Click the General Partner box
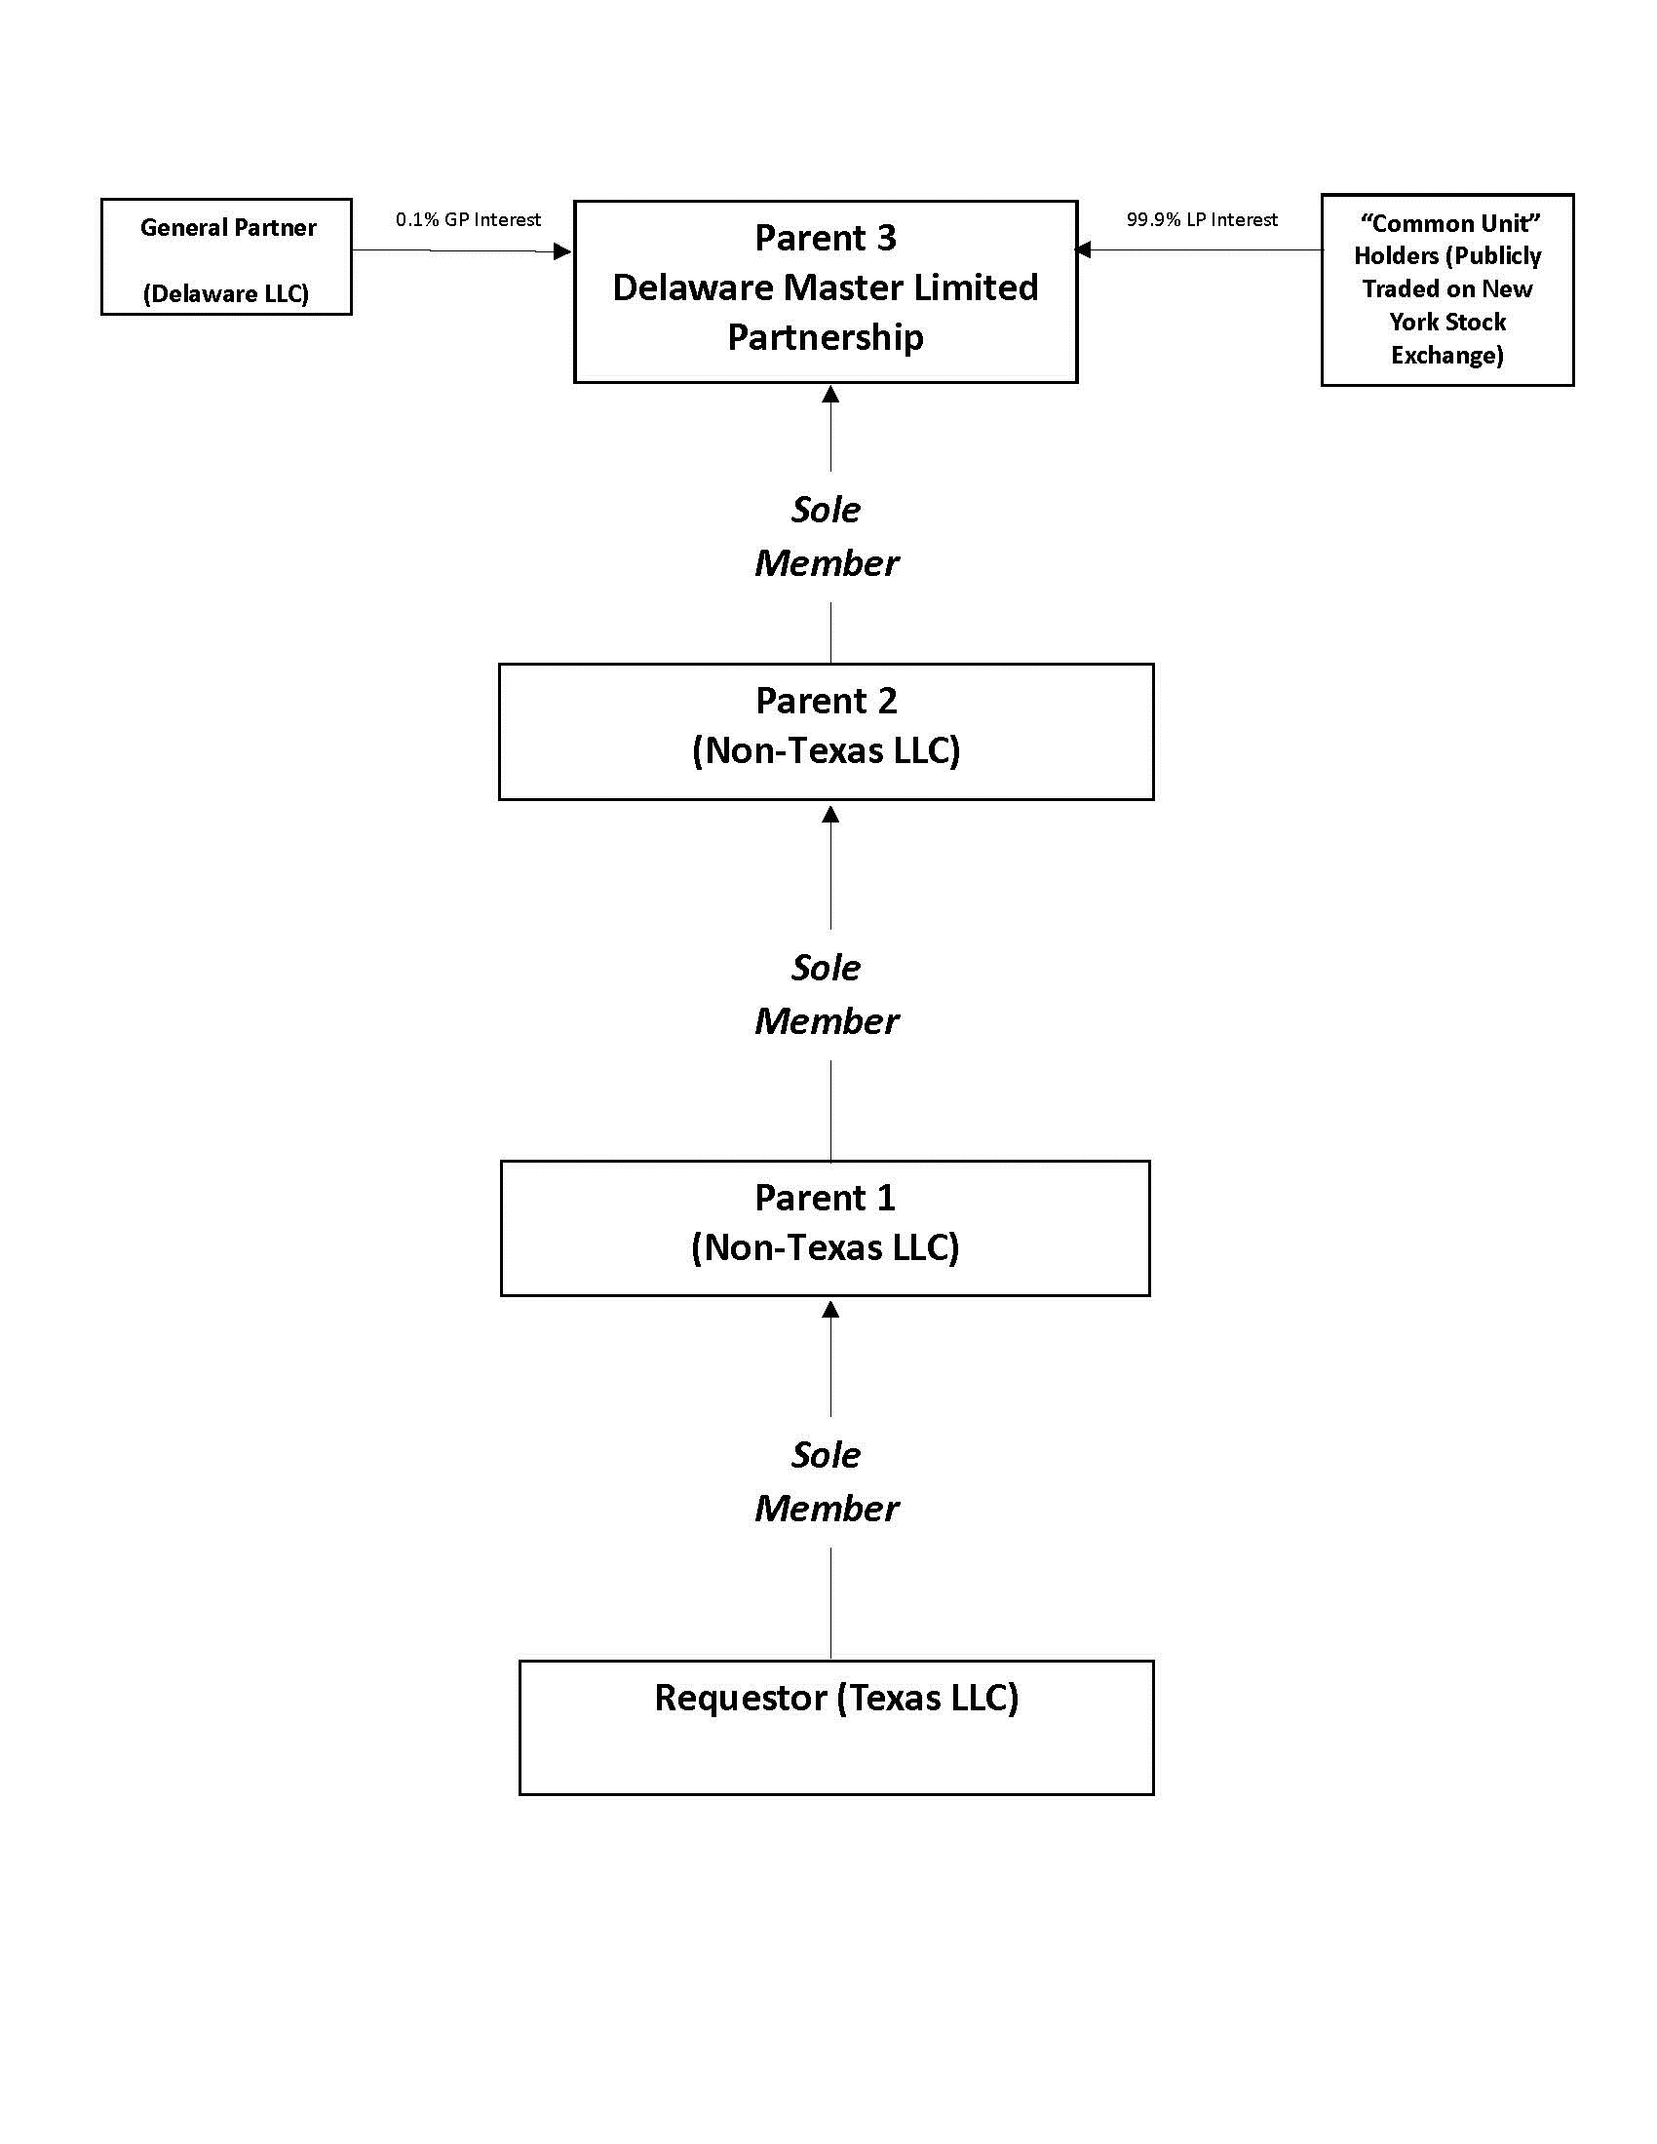(x=226, y=257)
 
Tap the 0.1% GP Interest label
(x=467, y=220)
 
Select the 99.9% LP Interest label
(x=1202, y=220)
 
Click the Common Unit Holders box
(x=1446, y=289)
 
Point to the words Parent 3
(x=825, y=238)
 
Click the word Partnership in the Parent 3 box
(x=825, y=338)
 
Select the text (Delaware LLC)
(x=226, y=293)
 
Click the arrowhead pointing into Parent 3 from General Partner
(x=562, y=251)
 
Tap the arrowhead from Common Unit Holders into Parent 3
(x=1084, y=249)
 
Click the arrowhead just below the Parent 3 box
(x=830, y=395)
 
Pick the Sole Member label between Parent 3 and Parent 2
(x=826, y=536)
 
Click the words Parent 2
(x=826, y=701)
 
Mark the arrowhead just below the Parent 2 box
(x=830, y=814)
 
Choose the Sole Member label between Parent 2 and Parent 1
(x=826, y=994)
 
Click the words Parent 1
(x=825, y=1198)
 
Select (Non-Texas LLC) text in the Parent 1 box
(x=825, y=1247)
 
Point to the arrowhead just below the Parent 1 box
(x=830, y=1310)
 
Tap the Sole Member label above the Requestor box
(x=826, y=1481)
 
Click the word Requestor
(x=740, y=1699)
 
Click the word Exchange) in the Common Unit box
(x=1446, y=356)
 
